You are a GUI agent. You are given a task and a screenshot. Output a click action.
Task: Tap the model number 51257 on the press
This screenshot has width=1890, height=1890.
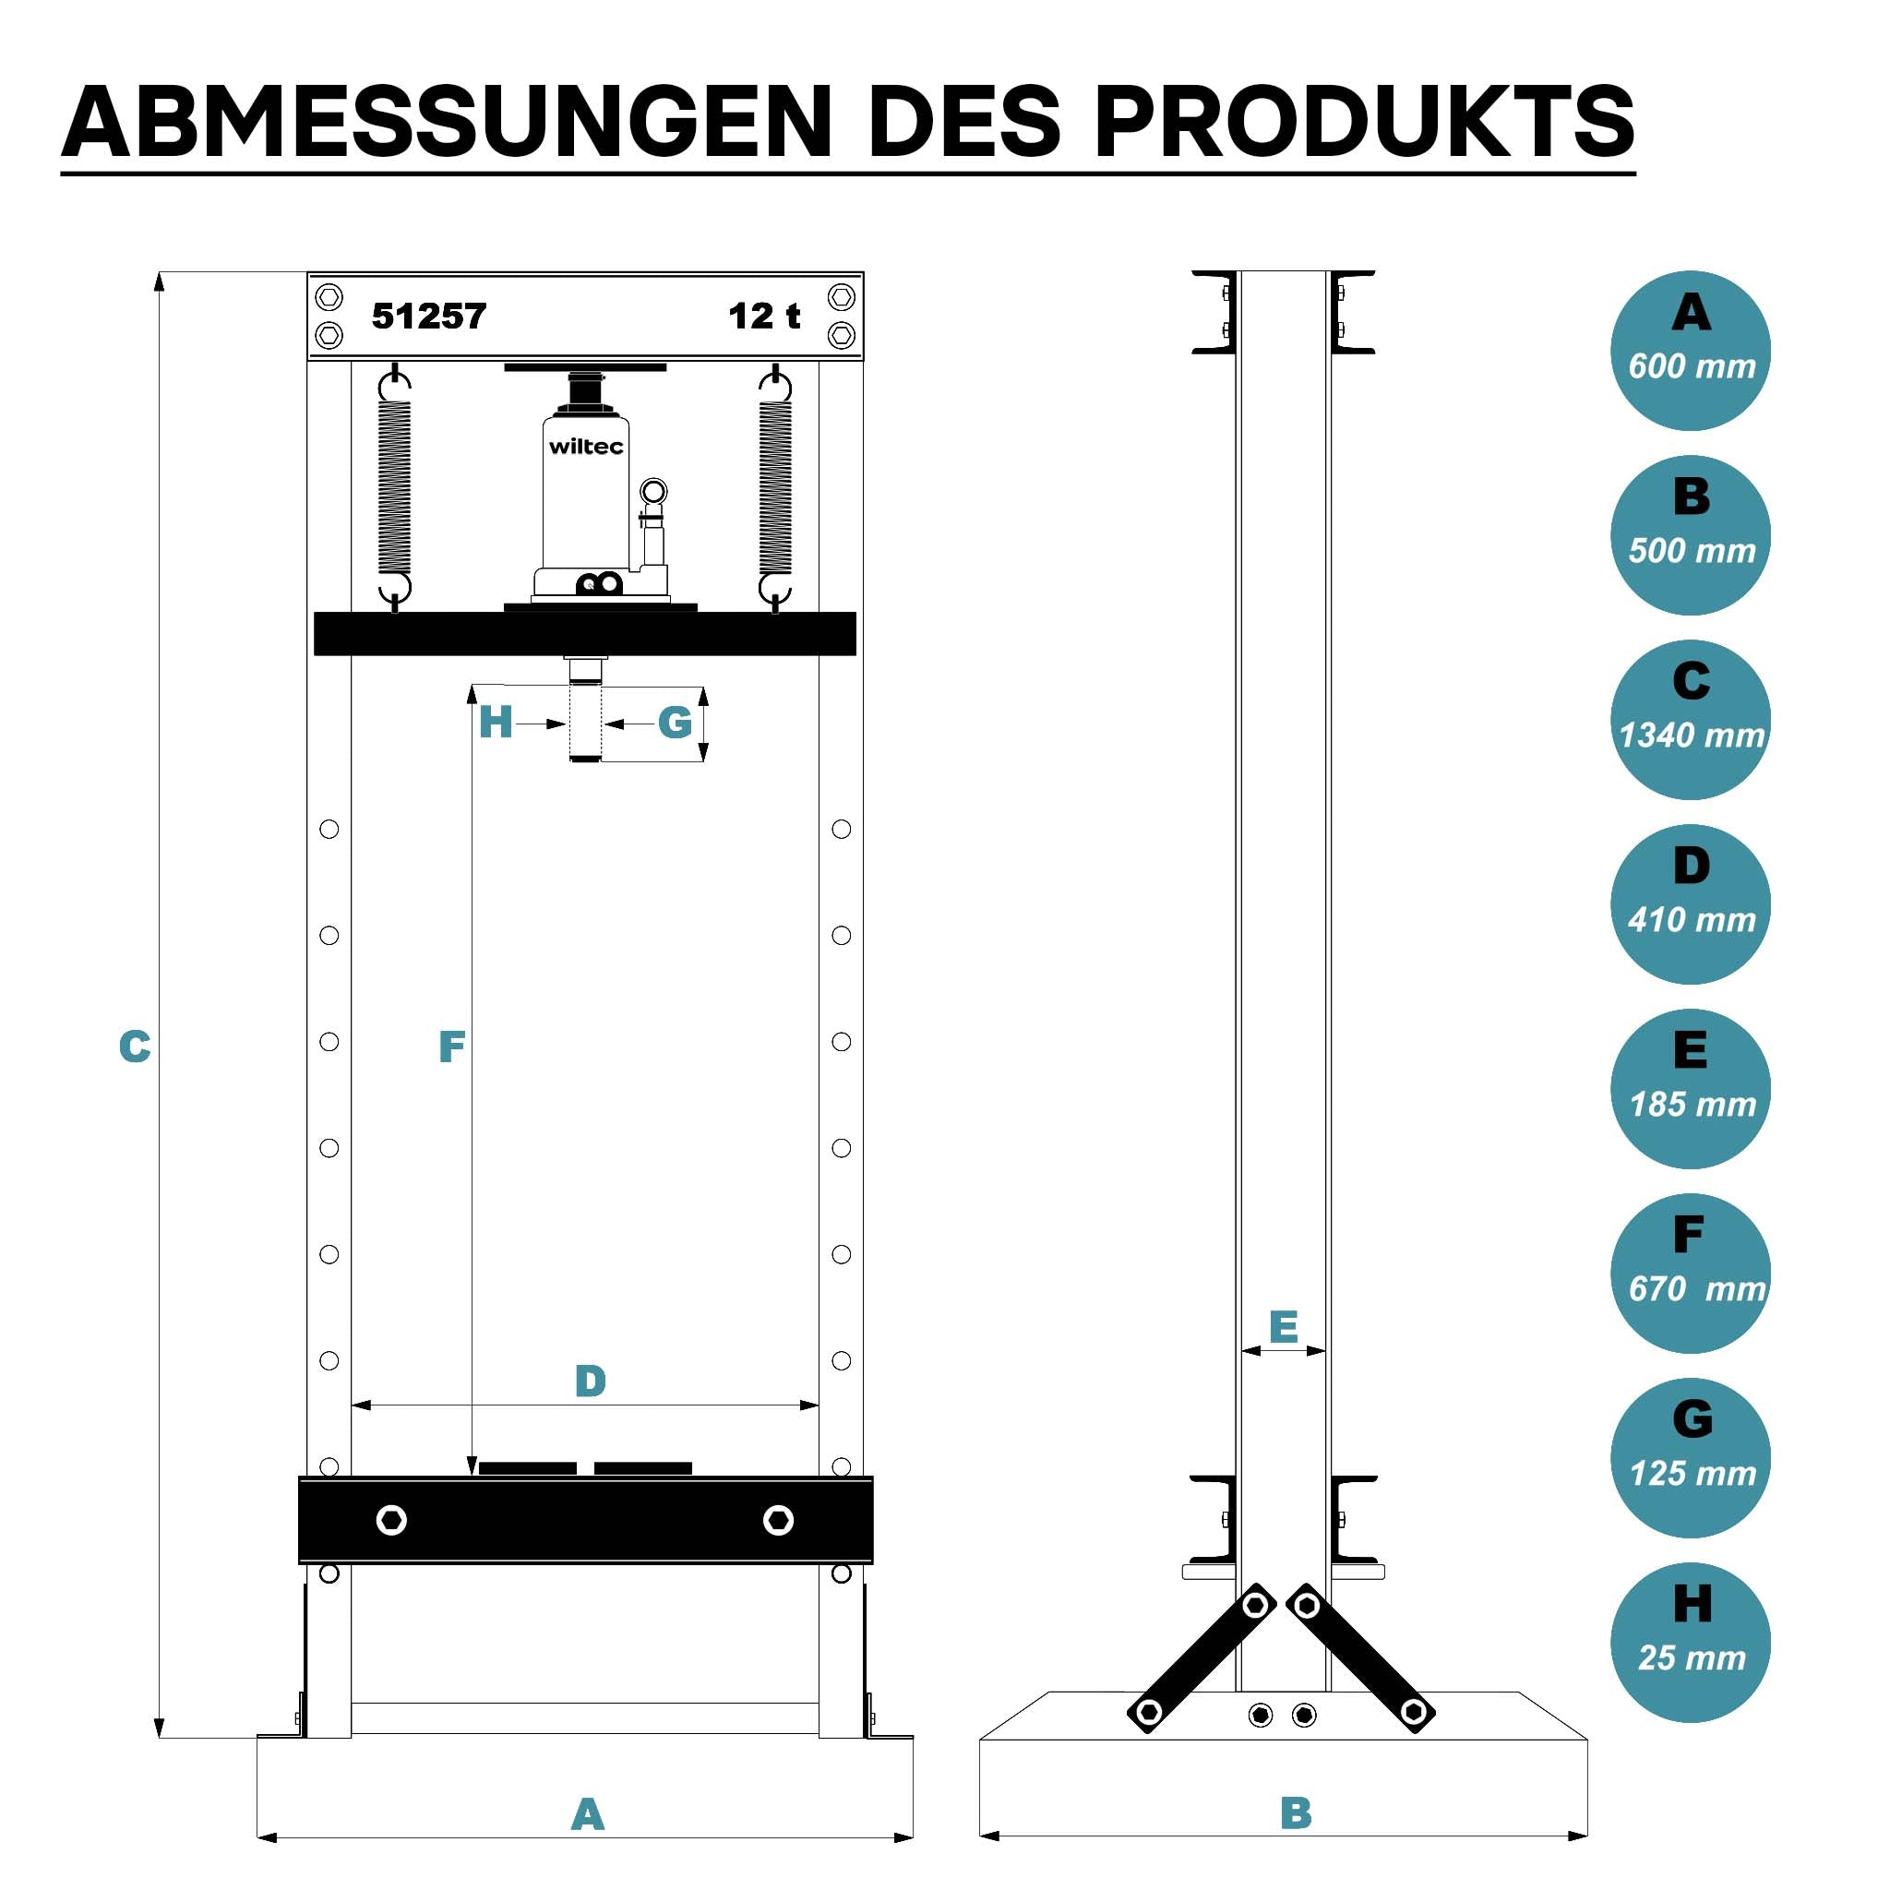pyautogui.click(x=428, y=316)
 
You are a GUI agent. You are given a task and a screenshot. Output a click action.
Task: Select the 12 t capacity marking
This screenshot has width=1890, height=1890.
pyautogui.click(x=764, y=316)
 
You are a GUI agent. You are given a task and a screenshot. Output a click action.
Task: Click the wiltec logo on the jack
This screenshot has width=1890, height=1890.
pyautogui.click(x=586, y=447)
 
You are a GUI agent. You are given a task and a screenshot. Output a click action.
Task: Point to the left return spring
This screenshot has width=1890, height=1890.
pyautogui.click(x=394, y=487)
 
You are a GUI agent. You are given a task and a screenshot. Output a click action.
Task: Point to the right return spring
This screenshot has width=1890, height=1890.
pyautogui.click(x=775, y=487)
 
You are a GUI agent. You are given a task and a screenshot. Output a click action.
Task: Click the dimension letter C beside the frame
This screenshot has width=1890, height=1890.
pyautogui.click(x=135, y=1047)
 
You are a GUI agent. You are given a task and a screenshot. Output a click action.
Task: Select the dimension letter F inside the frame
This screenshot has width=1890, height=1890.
pyautogui.click(x=451, y=1047)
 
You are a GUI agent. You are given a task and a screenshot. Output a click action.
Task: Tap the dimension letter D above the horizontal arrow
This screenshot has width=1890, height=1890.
pyautogui.click(x=590, y=1382)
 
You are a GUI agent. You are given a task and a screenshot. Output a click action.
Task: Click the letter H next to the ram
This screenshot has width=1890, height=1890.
pyautogui.click(x=495, y=723)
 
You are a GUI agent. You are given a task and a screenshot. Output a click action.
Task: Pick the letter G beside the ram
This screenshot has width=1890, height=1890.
pyautogui.click(x=675, y=723)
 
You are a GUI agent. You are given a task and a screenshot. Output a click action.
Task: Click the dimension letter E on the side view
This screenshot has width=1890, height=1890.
pyautogui.click(x=1284, y=1327)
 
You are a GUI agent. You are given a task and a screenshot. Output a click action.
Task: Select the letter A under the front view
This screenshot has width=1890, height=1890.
pyautogui.click(x=587, y=1814)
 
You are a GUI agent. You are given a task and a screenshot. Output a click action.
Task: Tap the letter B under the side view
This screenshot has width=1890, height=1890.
pyautogui.click(x=1297, y=1812)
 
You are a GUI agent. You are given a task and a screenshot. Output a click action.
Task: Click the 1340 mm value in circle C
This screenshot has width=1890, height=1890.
pyautogui.click(x=1692, y=735)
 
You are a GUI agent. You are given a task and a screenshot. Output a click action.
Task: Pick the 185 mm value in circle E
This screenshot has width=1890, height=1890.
pyautogui.click(x=1693, y=1105)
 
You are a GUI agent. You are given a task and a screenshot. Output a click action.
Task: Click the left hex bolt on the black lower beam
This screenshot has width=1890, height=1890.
pyautogui.click(x=391, y=1520)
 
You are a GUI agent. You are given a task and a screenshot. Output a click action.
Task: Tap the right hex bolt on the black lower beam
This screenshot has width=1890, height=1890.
pyautogui.click(x=778, y=1520)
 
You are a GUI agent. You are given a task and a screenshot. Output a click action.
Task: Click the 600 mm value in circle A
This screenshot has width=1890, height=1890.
pyautogui.click(x=1692, y=365)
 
